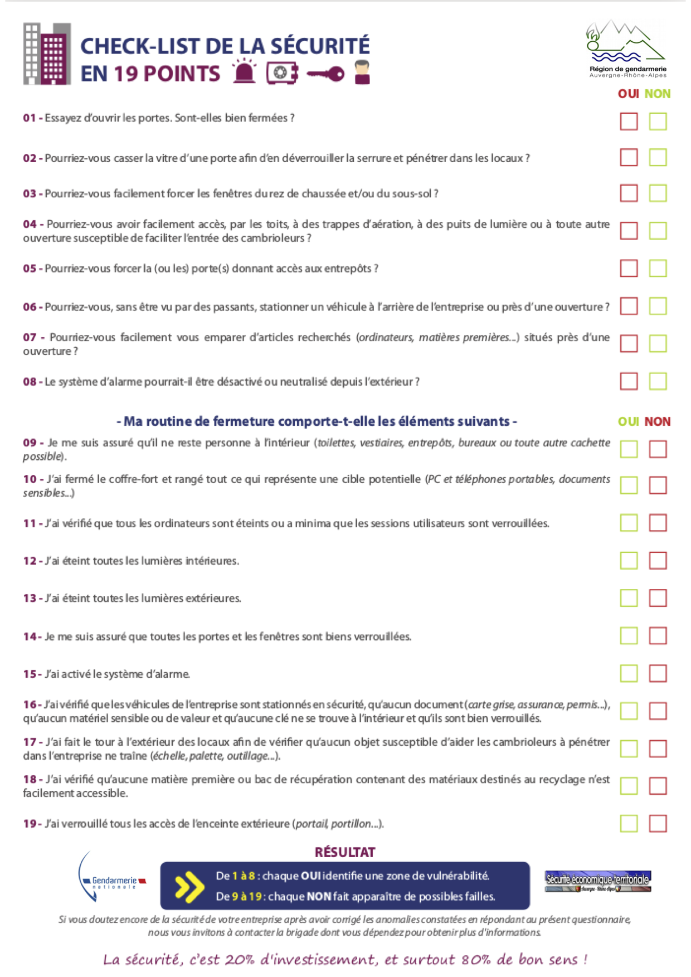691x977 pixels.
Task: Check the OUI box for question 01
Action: [x=629, y=121]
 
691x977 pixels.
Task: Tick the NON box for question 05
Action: [x=658, y=269]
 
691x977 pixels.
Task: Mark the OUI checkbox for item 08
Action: [x=629, y=382]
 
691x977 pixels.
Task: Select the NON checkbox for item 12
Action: [x=658, y=561]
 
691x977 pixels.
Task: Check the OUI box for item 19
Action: [x=629, y=824]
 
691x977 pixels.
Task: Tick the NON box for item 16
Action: [x=658, y=711]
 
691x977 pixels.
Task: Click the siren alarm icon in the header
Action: [x=244, y=72]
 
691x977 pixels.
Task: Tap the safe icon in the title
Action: [x=282, y=73]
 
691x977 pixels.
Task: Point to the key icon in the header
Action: [x=325, y=74]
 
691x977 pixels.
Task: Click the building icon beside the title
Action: [x=47, y=54]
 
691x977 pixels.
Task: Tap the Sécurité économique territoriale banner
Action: [x=598, y=881]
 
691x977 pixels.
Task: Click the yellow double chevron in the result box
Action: [x=189, y=886]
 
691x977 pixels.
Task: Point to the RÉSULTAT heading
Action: [x=345, y=852]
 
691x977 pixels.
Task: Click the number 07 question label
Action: [x=30, y=338]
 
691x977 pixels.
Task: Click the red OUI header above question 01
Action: [x=628, y=94]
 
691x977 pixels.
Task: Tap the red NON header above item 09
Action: [x=658, y=422]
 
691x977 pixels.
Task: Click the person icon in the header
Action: [x=362, y=72]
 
